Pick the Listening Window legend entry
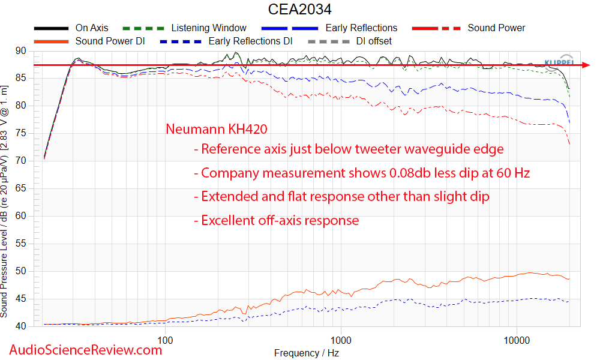[x=208, y=28]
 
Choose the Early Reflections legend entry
[x=361, y=28]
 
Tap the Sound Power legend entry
[x=496, y=28]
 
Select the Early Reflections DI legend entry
[x=250, y=41]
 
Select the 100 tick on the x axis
[x=165, y=340]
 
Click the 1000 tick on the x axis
[x=341, y=340]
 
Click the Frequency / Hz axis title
[x=308, y=353]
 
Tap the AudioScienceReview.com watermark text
[x=85, y=350]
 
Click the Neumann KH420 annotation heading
[x=216, y=129]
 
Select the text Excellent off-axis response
[x=280, y=220]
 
